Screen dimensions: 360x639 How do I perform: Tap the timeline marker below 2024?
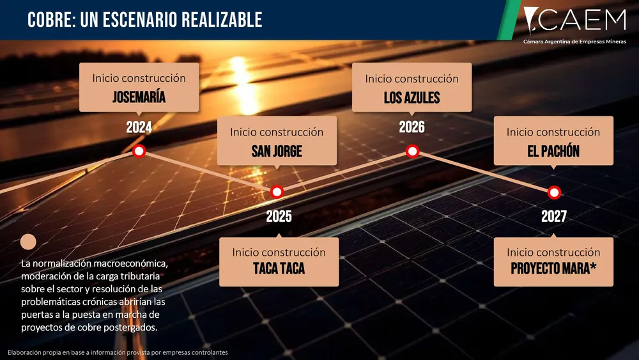click(x=139, y=152)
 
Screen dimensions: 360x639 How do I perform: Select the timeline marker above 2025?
click(x=277, y=191)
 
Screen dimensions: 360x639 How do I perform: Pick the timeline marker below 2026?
click(x=412, y=152)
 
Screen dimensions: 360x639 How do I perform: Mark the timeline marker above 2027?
click(x=554, y=191)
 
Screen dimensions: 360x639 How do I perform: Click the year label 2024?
click(x=139, y=127)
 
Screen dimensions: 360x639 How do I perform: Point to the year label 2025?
click(x=279, y=216)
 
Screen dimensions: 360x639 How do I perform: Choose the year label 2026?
click(x=412, y=127)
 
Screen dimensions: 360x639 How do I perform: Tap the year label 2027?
click(x=554, y=216)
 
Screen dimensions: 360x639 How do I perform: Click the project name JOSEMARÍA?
click(x=139, y=98)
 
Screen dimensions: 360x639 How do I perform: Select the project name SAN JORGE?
click(x=277, y=152)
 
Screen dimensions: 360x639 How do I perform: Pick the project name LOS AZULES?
click(x=412, y=98)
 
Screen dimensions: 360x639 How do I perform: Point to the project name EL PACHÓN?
click(x=553, y=152)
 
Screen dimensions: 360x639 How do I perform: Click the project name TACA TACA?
click(x=279, y=269)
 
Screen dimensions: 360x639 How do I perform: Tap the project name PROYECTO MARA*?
click(x=553, y=269)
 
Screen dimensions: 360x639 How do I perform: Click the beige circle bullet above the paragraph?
click(x=28, y=242)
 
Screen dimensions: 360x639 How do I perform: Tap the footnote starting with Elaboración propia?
click(x=118, y=352)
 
